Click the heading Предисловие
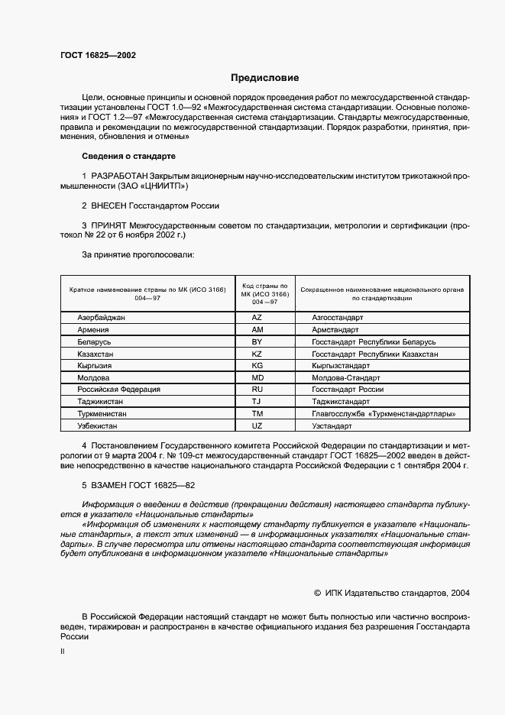[x=265, y=78]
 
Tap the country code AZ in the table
[x=257, y=316]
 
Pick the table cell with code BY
[x=257, y=341]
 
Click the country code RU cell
[x=257, y=389]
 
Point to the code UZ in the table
[x=257, y=425]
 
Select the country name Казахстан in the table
[x=96, y=354]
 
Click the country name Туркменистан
[x=102, y=413]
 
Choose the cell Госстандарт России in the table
[x=348, y=389]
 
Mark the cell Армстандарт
[x=335, y=329]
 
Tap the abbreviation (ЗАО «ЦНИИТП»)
[x=151, y=186]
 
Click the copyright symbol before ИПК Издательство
[x=319, y=592]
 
